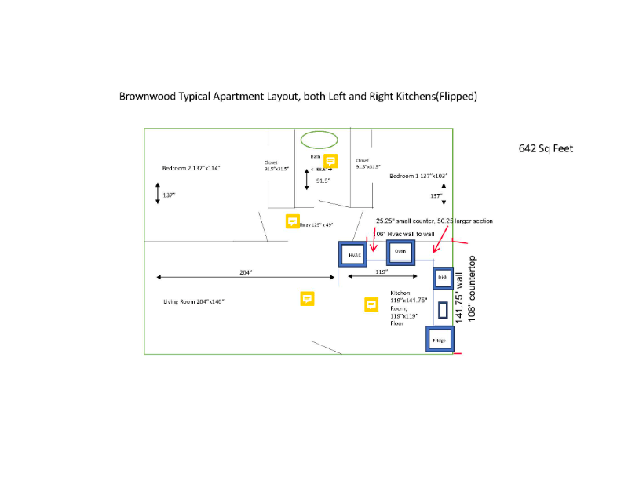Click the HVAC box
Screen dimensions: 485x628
tap(354, 255)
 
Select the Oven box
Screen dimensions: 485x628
tap(400, 252)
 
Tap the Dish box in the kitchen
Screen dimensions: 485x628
tap(442, 278)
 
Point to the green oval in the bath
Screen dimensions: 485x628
tap(319, 140)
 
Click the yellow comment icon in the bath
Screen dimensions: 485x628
tap(330, 161)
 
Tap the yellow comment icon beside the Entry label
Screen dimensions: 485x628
tap(292, 221)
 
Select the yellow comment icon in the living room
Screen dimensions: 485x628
tap(307, 298)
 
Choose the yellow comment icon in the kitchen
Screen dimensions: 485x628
tap(371, 304)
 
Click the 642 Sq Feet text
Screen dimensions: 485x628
tap(546, 148)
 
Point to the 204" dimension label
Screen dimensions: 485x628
tap(245, 272)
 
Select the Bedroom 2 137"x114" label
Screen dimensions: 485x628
tap(192, 168)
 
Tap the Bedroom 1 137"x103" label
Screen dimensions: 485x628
tap(418, 177)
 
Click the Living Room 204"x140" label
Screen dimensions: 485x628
tap(194, 302)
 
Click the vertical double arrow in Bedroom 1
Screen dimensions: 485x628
tap(444, 195)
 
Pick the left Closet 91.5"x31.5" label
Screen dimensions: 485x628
tap(276, 166)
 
